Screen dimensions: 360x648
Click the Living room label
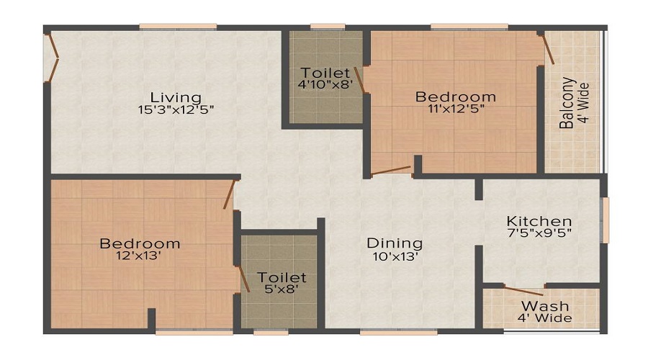tap(176, 97)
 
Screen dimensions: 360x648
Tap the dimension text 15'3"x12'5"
tap(176, 110)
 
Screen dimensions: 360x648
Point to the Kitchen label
tap(539, 221)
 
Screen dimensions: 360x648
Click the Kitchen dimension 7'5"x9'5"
tap(539, 233)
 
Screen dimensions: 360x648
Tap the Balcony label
tap(568, 102)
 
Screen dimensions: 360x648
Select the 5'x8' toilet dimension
tap(282, 289)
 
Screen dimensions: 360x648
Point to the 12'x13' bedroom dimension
tap(140, 256)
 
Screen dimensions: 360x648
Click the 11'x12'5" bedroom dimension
tap(456, 109)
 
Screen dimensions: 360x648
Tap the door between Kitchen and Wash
tap(523, 292)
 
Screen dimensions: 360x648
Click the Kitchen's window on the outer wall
tap(606, 219)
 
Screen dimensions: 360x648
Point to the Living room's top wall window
tap(178, 27)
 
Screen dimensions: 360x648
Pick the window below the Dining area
tap(398, 332)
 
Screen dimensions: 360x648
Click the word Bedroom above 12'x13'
tap(140, 243)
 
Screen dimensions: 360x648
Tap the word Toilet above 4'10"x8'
tap(326, 73)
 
